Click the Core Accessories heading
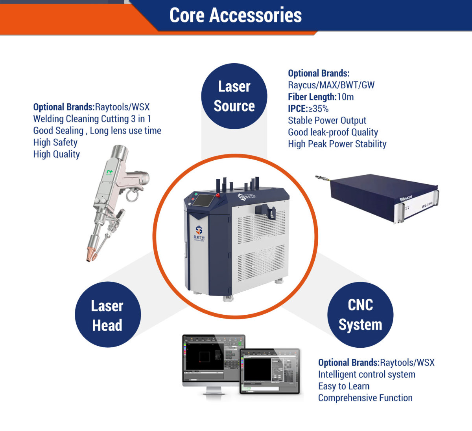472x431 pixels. coord(236,15)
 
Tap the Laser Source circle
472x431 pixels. coord(234,96)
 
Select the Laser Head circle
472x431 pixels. coord(107,315)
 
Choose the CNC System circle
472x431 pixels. coord(360,314)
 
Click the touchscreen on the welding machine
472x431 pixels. coord(205,201)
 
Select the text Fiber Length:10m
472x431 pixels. coord(321,97)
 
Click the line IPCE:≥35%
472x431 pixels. coord(308,109)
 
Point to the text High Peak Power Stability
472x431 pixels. coord(337,144)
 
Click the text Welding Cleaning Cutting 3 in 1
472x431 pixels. coord(92,119)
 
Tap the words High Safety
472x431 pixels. coord(55,143)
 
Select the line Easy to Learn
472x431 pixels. coord(343,386)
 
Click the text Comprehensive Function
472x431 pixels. coord(365,398)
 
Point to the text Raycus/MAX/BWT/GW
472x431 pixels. coord(331,85)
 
